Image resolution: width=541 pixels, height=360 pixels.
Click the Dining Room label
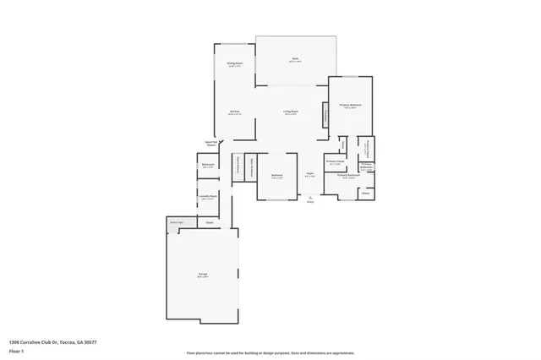point(234,64)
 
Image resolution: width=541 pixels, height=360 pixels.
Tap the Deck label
point(295,60)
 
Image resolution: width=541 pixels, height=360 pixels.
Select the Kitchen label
point(235,112)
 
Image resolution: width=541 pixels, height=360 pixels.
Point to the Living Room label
point(289,112)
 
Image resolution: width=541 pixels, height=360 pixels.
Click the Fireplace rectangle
point(324,117)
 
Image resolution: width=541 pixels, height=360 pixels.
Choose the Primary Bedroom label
point(350,106)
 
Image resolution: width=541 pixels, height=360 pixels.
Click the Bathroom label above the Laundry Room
point(208,166)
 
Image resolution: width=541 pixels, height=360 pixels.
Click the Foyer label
point(310,175)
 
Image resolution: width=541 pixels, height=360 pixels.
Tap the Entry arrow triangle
point(309,198)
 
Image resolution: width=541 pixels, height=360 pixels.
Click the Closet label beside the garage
point(209,223)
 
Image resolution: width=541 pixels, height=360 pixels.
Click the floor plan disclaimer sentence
point(270,352)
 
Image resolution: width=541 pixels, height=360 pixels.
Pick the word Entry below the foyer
point(309,203)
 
